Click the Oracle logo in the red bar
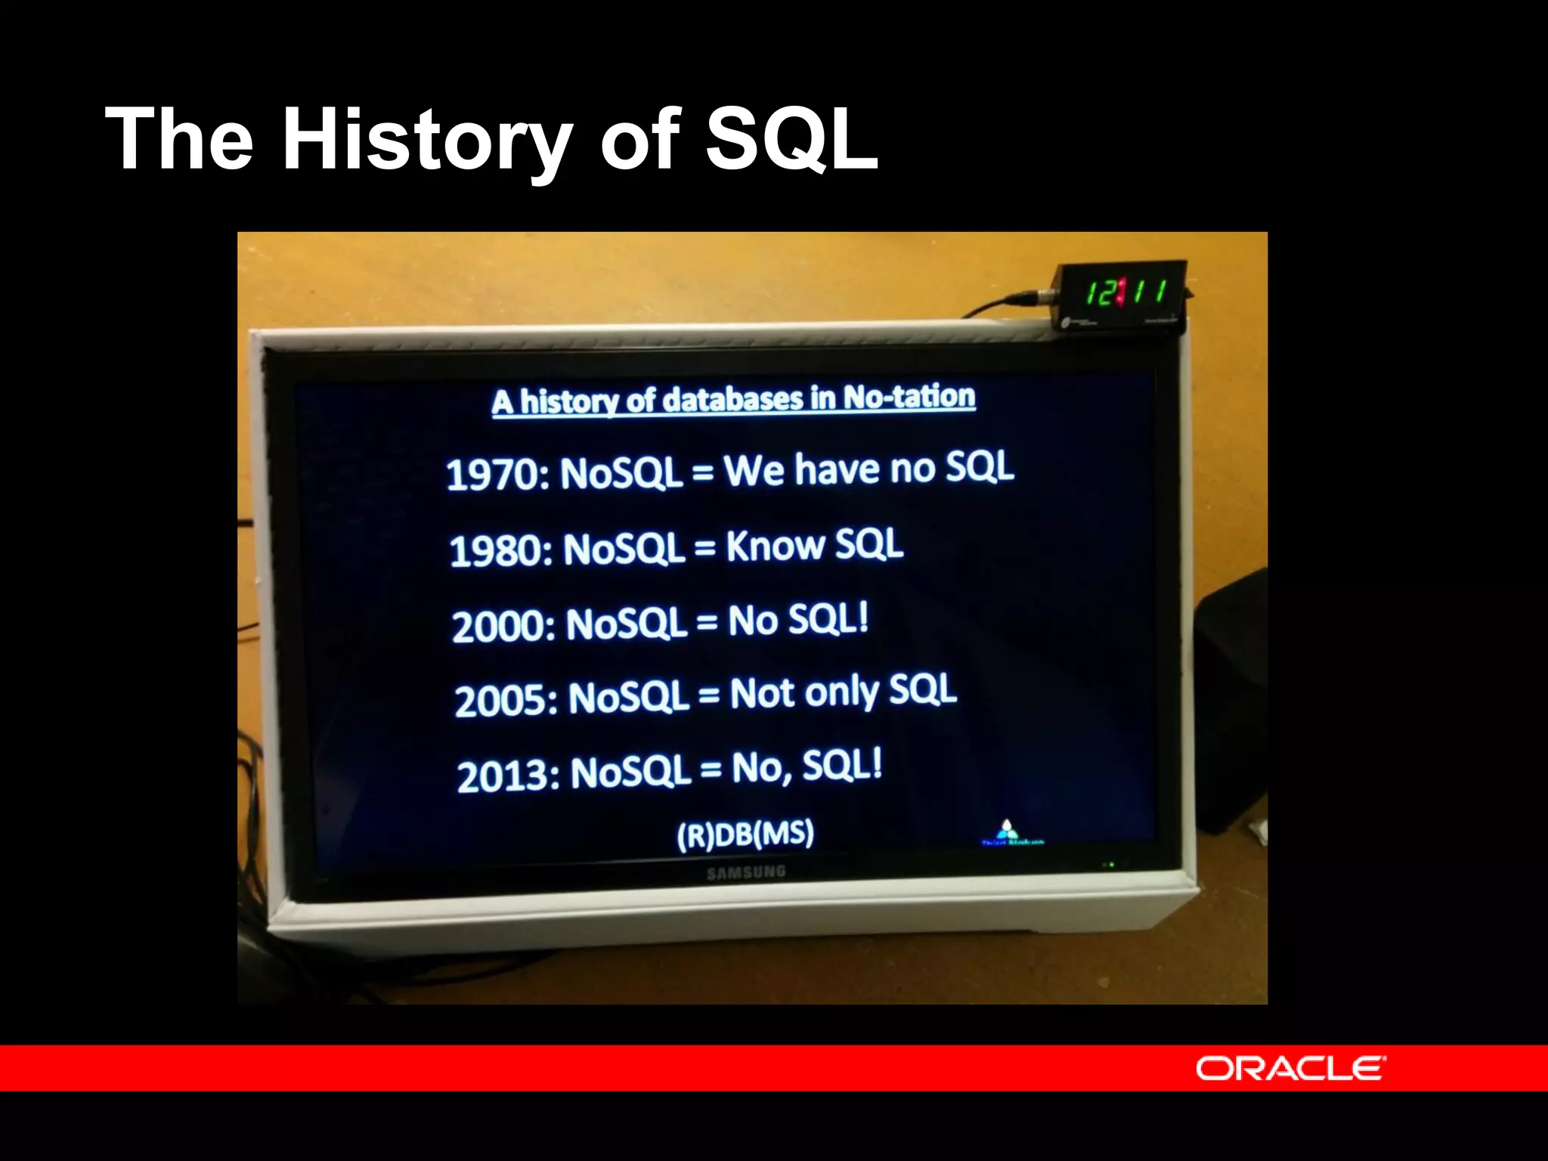1290,1068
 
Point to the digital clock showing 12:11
1124,293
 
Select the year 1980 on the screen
500,550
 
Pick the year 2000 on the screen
502,627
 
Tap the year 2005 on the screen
505,700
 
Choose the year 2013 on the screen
507,776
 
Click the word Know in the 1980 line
775,546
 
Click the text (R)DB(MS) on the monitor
745,834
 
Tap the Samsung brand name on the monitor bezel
746,873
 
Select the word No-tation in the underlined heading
909,396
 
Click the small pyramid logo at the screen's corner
1007,830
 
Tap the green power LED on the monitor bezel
1111,864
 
